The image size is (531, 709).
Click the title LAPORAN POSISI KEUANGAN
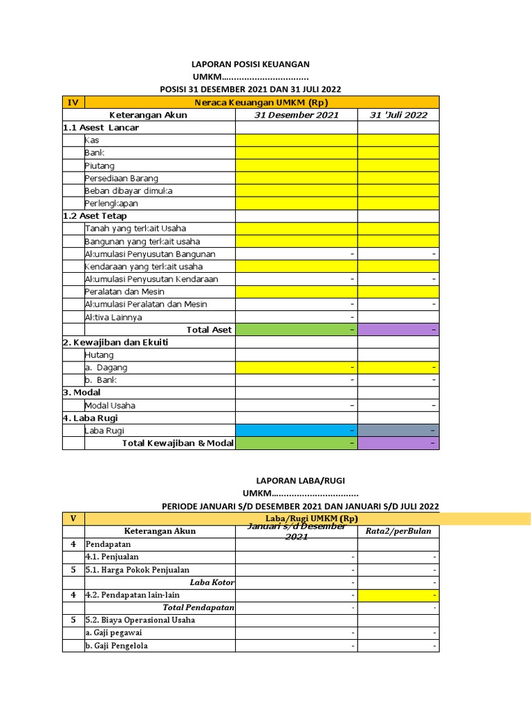pyautogui.click(x=250, y=64)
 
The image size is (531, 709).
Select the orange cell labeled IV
pyautogui.click(x=73, y=102)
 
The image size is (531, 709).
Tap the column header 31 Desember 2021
pyautogui.click(x=296, y=115)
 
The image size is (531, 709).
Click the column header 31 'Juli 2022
pyautogui.click(x=398, y=115)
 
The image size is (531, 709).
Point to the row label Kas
pyautogui.click(x=92, y=141)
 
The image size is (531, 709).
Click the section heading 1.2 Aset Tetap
pyautogui.click(x=95, y=216)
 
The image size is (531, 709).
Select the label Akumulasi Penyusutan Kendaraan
pyautogui.click(x=151, y=279)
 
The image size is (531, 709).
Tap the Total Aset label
pyautogui.click(x=209, y=330)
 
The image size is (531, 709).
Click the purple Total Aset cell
pyautogui.click(x=398, y=330)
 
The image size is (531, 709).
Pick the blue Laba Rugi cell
pyautogui.click(x=296, y=431)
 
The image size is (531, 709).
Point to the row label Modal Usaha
pyautogui.click(x=110, y=406)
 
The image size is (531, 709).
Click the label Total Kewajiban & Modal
pyautogui.click(x=178, y=443)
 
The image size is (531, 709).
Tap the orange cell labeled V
pyautogui.click(x=73, y=519)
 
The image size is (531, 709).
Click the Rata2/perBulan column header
pyautogui.click(x=398, y=531)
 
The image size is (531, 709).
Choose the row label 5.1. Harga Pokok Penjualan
pyautogui.click(x=137, y=570)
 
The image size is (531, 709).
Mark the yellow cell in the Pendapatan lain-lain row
pyautogui.click(x=398, y=595)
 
